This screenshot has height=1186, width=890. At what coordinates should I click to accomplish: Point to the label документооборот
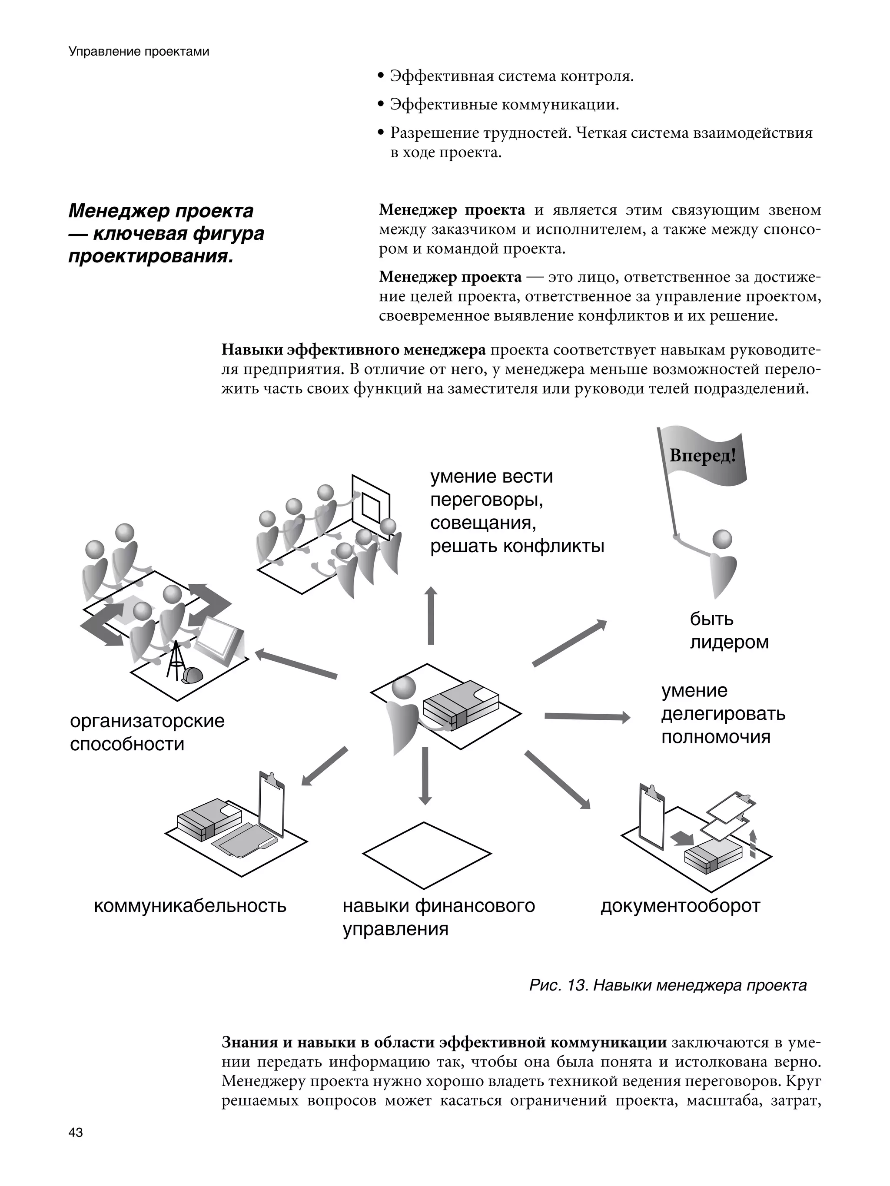click(x=680, y=906)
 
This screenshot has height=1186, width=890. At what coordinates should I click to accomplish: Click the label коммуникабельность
click(x=190, y=906)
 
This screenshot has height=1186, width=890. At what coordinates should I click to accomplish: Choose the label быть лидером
click(x=728, y=630)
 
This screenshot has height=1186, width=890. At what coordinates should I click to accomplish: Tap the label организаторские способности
click(x=147, y=732)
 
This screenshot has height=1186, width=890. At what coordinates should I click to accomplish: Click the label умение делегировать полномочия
click(x=723, y=714)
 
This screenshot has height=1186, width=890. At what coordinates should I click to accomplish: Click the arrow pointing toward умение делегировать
click(x=587, y=716)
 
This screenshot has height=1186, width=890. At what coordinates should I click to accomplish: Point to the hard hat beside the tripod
click(x=191, y=675)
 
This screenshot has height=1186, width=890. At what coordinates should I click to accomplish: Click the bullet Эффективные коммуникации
click(x=504, y=105)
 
